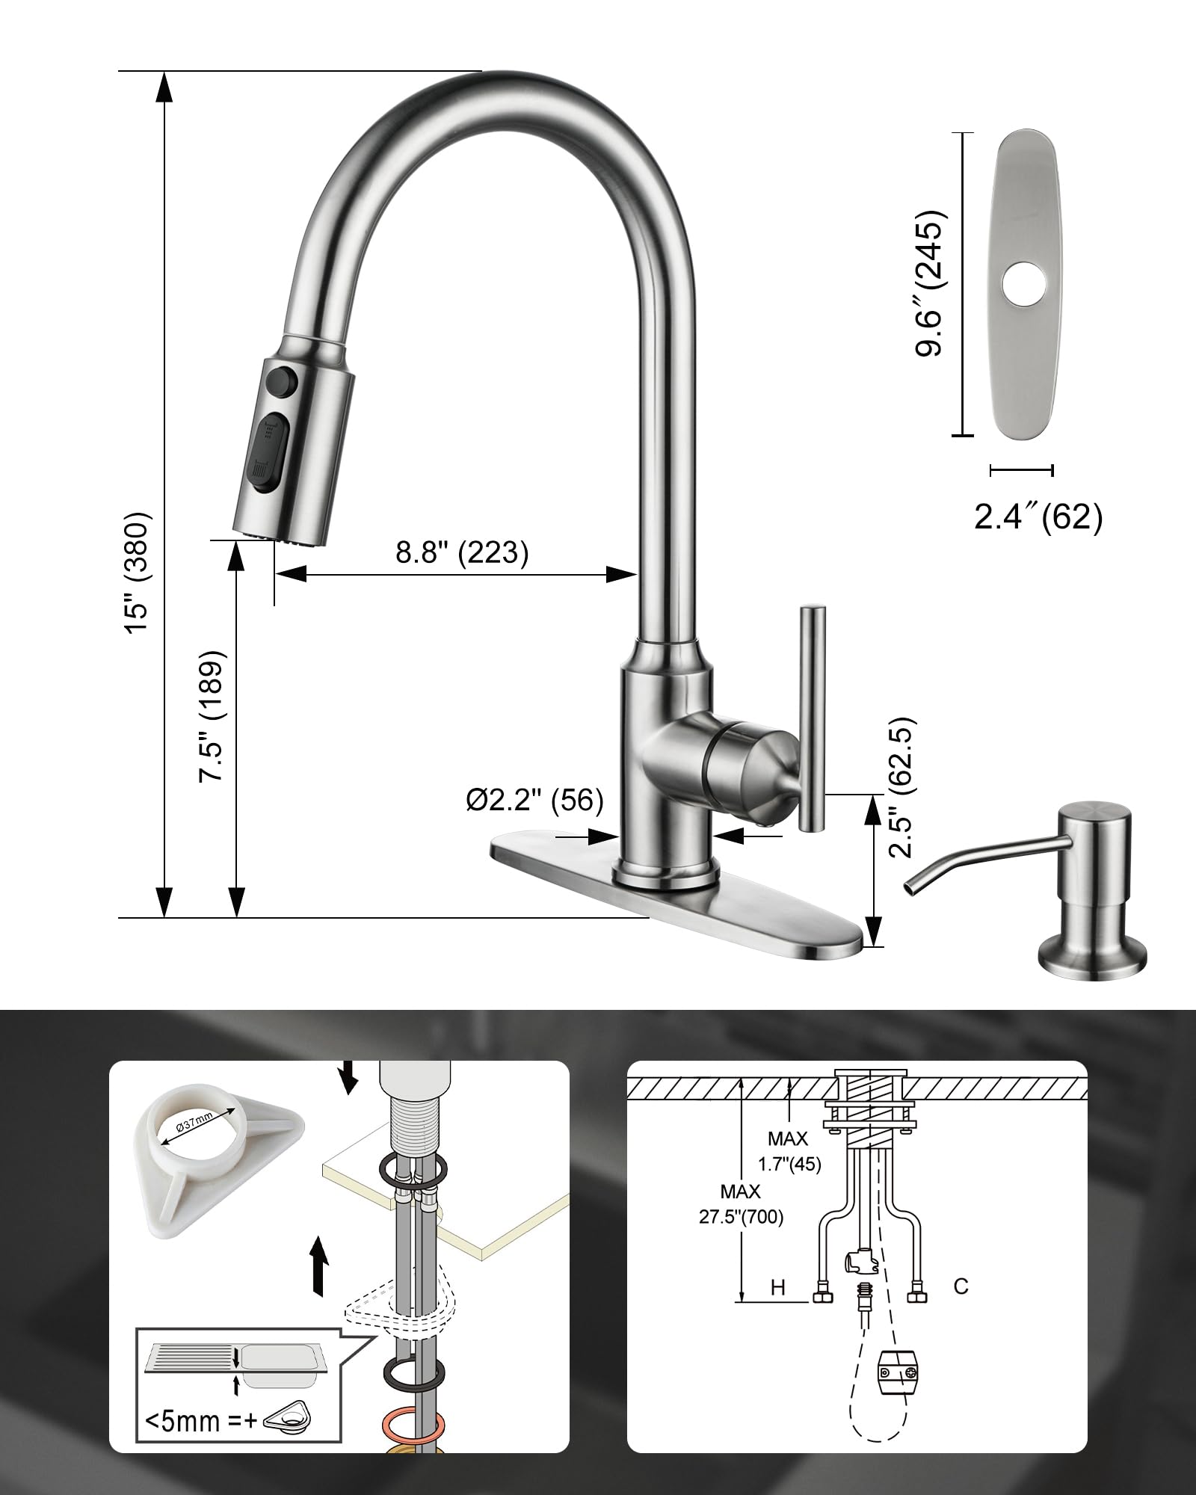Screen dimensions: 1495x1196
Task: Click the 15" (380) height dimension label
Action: [138, 573]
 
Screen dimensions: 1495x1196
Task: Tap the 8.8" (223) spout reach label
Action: [462, 552]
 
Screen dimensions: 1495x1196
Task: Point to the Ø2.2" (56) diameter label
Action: [534, 800]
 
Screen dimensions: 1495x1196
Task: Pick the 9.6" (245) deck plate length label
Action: [931, 284]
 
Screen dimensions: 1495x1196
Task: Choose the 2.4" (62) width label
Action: [1038, 517]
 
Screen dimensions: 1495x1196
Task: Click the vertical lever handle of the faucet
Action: [813, 718]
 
